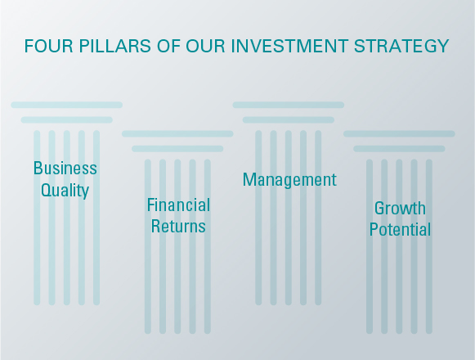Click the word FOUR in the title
pos(45,46)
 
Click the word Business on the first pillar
pos(65,169)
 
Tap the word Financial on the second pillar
pos(178,205)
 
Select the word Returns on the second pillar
pos(178,226)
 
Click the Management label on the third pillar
pos(289,180)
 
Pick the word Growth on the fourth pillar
pos(400,209)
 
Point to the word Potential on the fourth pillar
pos(400,230)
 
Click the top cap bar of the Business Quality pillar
pos(66,105)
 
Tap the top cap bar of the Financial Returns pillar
pos(177,133)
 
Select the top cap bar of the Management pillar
pos(289,105)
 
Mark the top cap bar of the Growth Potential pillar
pos(399,133)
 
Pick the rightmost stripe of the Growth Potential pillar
pos(429,270)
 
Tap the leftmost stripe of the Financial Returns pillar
pos(148,270)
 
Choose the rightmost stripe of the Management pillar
pos(318,245)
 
